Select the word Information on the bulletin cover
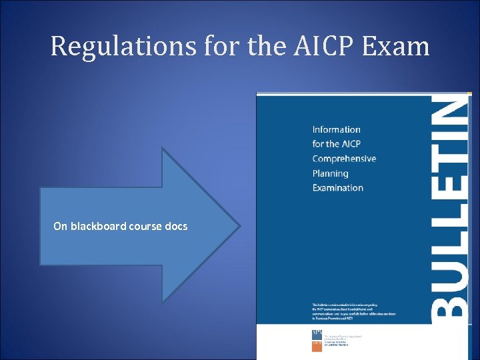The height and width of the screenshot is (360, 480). tap(336, 129)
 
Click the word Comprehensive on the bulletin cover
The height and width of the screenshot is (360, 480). tap(344, 159)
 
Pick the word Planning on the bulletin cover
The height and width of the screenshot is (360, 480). tap(330, 173)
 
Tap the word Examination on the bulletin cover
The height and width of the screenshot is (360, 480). tap(337, 188)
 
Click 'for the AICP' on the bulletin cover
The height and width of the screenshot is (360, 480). tap(336, 144)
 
